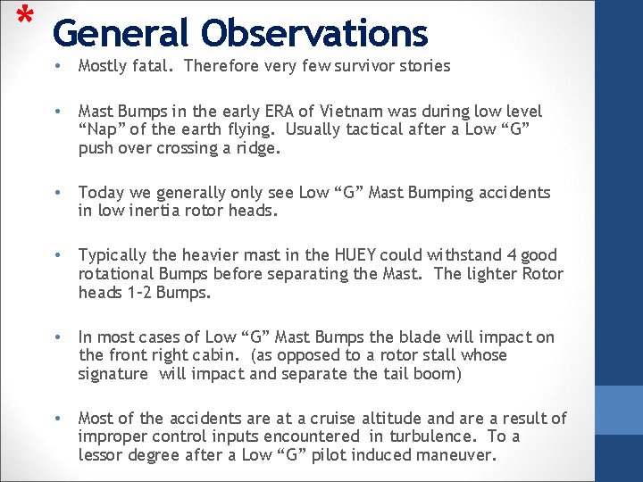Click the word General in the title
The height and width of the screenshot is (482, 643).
coord(120,33)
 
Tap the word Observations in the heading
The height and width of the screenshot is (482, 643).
coord(314,33)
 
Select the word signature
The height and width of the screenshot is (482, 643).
coord(113,374)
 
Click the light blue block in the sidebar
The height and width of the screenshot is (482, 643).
coord(618,410)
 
